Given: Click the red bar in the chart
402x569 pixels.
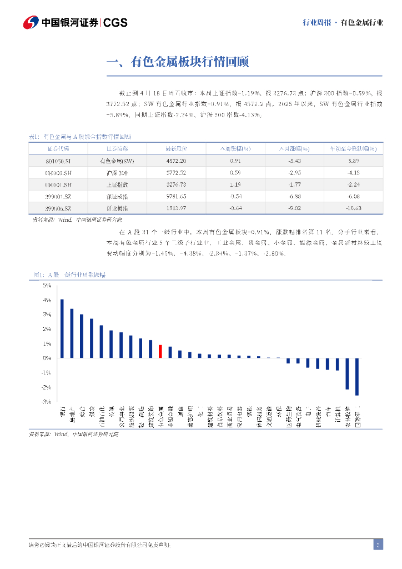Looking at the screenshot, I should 160,351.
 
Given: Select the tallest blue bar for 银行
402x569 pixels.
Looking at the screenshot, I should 62,328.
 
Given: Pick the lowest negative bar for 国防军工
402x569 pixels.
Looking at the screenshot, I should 357,377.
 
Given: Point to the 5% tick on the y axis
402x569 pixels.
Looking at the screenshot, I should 47,286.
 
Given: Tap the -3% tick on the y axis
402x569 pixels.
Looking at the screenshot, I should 46,401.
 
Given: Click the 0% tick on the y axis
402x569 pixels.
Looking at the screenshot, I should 47,358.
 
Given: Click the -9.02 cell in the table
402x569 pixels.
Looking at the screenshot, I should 294,208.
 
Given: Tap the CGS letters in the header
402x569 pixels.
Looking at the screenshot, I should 115,23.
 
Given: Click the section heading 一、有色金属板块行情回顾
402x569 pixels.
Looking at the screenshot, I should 177,62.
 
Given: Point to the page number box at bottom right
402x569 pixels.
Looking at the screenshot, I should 378,545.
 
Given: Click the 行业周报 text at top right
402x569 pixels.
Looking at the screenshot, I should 316,23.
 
